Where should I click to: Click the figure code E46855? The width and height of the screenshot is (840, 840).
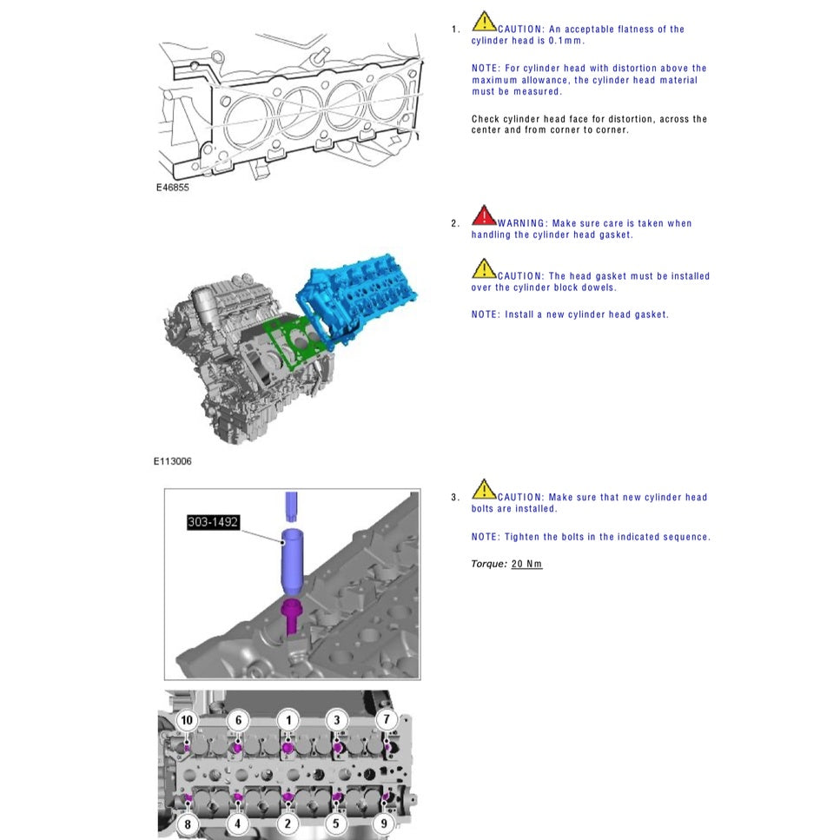click(x=172, y=187)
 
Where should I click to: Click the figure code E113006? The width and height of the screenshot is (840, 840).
click(x=173, y=461)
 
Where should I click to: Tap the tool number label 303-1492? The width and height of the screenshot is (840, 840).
click(x=213, y=522)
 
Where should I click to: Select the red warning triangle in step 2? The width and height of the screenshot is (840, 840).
click(x=484, y=215)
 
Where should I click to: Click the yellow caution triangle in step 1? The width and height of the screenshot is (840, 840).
click(x=484, y=22)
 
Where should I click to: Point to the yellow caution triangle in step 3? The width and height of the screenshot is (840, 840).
click(x=484, y=490)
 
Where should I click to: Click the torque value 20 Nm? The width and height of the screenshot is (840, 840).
click(x=526, y=564)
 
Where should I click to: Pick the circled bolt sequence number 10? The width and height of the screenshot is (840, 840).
click(x=186, y=720)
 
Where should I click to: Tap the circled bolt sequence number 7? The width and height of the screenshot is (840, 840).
click(x=387, y=720)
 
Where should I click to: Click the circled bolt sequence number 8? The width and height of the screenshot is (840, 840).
click(x=186, y=823)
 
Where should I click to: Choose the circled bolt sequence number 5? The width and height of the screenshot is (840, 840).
click(x=338, y=823)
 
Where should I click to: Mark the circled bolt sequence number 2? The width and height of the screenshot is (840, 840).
click(x=288, y=823)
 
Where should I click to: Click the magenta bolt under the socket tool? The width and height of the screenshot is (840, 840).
click(x=293, y=616)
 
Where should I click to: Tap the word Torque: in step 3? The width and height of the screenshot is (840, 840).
click(x=489, y=564)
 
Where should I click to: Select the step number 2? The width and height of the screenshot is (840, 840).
click(x=455, y=224)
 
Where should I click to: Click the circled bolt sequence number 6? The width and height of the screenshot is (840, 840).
click(x=238, y=720)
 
